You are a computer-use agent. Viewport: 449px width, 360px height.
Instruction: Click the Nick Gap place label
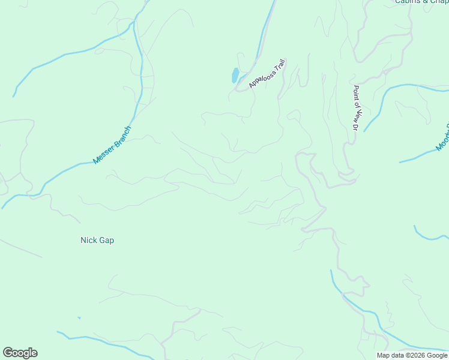[x=97, y=240]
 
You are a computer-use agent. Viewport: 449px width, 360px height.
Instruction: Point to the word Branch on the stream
[x=121, y=137]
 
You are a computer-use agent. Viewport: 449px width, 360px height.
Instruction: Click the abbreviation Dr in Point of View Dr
[x=355, y=127]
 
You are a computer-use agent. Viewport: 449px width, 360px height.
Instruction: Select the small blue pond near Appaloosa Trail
[x=235, y=76]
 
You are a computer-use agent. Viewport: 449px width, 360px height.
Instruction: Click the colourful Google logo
[x=20, y=353]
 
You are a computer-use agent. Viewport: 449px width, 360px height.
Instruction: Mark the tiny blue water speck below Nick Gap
[x=79, y=318]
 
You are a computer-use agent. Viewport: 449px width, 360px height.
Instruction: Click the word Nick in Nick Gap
[x=88, y=240]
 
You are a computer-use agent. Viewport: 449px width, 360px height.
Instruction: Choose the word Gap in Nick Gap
[x=106, y=240]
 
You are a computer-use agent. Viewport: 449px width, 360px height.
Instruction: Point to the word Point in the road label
[x=355, y=91]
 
